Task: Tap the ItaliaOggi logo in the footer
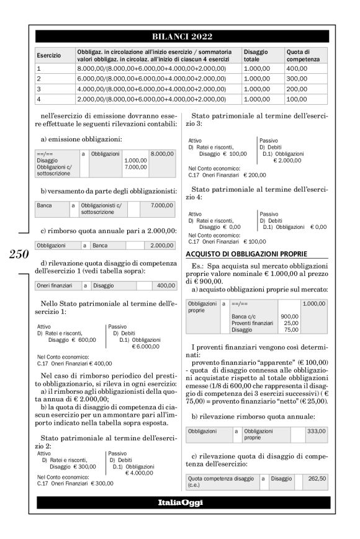[179, 502]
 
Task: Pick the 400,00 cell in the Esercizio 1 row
[296, 69]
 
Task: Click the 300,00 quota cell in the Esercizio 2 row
[296, 79]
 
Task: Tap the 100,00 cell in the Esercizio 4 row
[296, 99]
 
